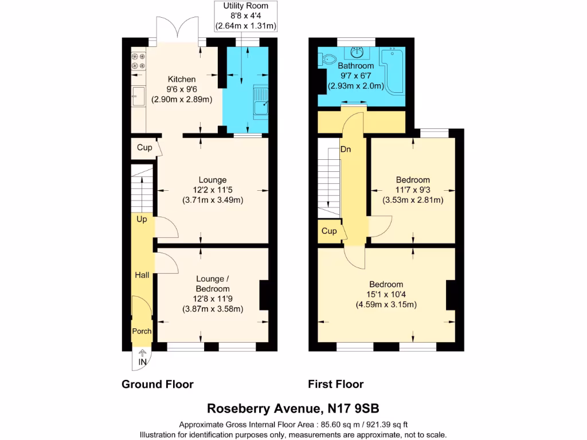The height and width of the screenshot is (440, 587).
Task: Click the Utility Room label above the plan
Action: point(245,6)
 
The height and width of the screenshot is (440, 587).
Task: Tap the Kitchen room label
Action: point(181,79)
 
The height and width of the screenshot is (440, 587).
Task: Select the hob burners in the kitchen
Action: point(138,61)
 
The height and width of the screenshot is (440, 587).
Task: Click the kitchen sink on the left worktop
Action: point(138,96)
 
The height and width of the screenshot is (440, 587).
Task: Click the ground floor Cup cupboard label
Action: point(144,148)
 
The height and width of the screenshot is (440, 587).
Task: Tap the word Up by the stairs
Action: point(142,219)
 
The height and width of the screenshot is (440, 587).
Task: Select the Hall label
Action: point(142,275)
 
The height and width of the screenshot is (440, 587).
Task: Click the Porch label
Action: point(142,331)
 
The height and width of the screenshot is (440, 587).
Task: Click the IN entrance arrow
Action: point(142,358)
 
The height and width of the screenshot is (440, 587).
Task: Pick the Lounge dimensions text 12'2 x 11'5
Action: point(212,190)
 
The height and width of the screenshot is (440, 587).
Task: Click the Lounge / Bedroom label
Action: point(213,284)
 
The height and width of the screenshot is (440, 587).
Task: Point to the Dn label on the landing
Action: point(346,149)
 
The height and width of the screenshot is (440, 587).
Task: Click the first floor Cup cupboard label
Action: point(328,231)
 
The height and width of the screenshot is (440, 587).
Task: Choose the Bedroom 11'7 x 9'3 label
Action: point(412,180)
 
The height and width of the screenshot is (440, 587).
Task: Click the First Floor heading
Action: point(335,384)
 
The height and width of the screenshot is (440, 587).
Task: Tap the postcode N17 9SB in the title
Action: point(353,408)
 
